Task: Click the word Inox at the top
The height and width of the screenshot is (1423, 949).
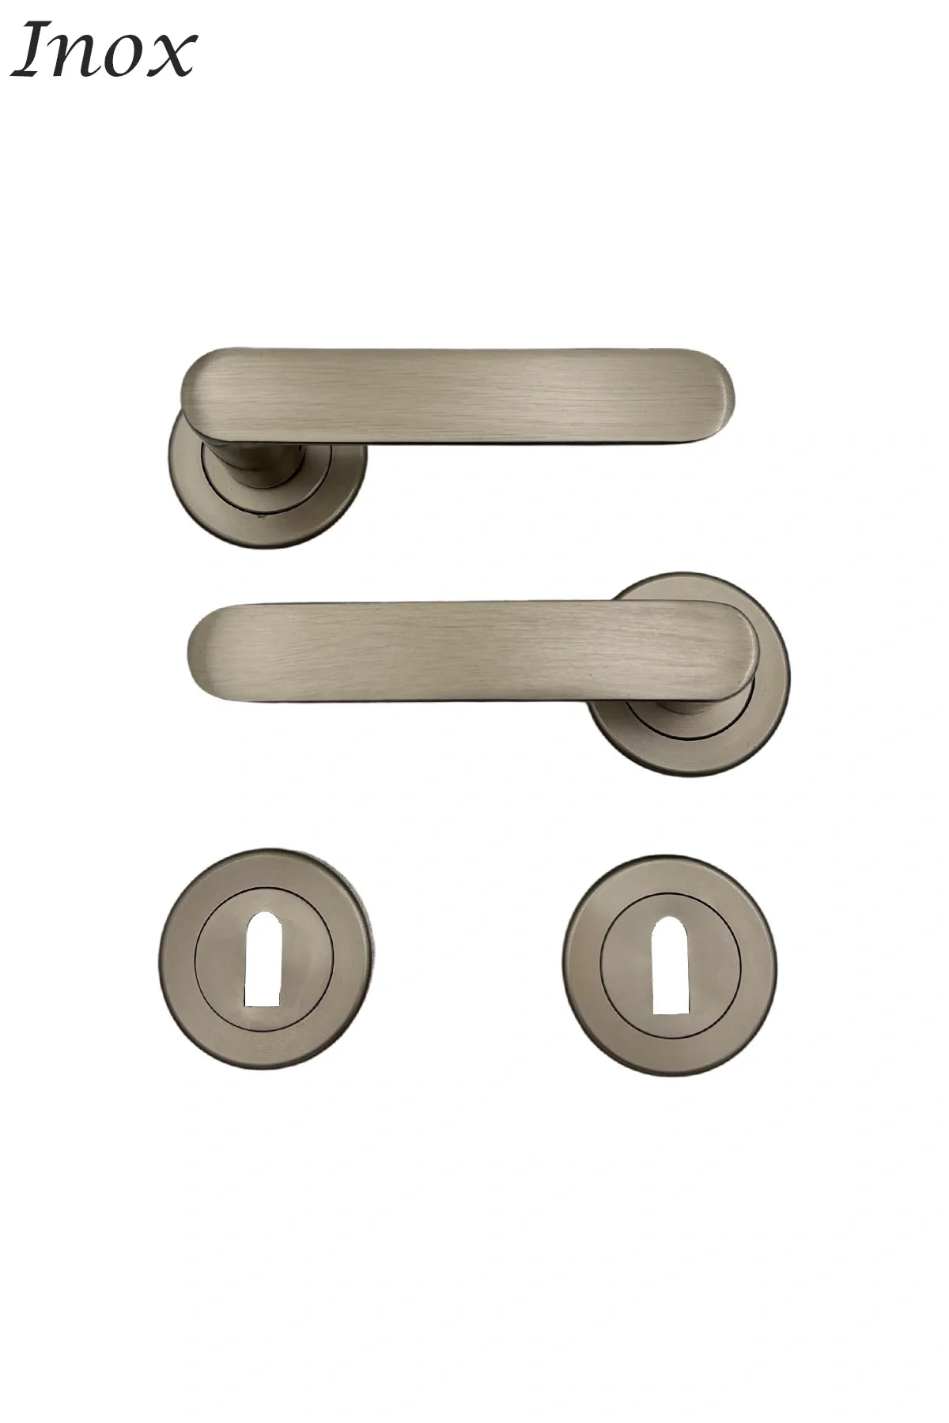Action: pyautogui.click(x=103, y=51)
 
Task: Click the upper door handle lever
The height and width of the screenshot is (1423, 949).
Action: pyautogui.click(x=459, y=394)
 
